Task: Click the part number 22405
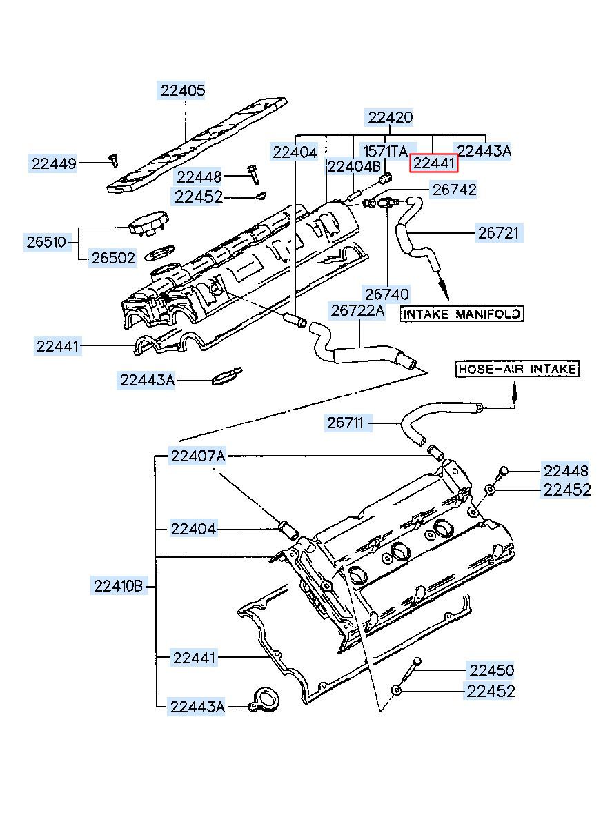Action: coord(183,90)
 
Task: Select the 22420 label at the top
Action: coord(390,118)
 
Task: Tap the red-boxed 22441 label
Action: coord(434,163)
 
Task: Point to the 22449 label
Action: coord(53,163)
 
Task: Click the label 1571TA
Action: coord(386,151)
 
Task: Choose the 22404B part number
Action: coord(353,166)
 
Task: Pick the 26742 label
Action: coord(454,189)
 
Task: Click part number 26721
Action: coord(500,232)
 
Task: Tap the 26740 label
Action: coord(387,294)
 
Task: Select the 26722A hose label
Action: coord(357,310)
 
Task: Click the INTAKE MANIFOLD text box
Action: coord(462,314)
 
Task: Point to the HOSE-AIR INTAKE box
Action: coord(517,370)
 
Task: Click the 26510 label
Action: coord(46,242)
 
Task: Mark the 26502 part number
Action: coord(114,257)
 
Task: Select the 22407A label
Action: coord(198,456)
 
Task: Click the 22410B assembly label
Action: coord(118,587)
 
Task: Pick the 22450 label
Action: coord(491,670)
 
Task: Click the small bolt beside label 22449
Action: coord(112,160)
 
